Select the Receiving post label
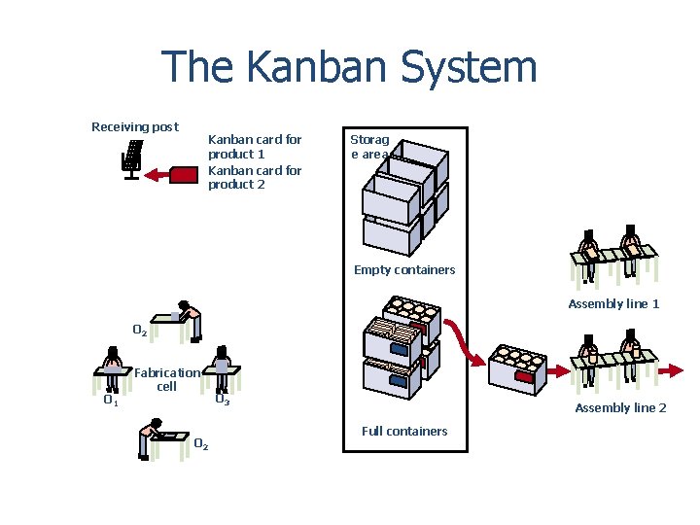135,126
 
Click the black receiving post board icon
132,158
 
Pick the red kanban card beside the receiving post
185,175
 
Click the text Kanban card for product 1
255,147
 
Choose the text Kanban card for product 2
255,177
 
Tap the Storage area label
369,146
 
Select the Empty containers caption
404,269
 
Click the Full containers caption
404,431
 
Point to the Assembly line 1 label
613,303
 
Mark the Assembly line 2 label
620,407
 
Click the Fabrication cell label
167,379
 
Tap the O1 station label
111,399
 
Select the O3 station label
222,399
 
